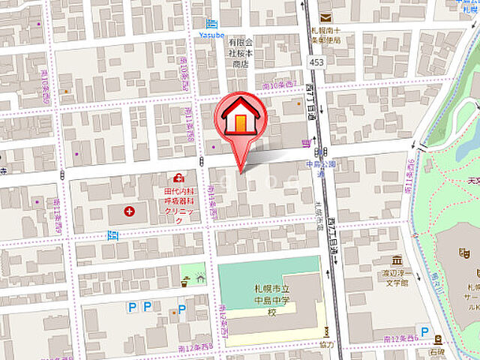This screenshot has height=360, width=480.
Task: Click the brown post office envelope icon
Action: (325, 17)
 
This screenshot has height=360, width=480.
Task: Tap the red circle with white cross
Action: (130, 212)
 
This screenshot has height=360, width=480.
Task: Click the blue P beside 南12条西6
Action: (425, 332)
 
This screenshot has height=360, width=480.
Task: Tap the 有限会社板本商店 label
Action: (241, 54)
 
